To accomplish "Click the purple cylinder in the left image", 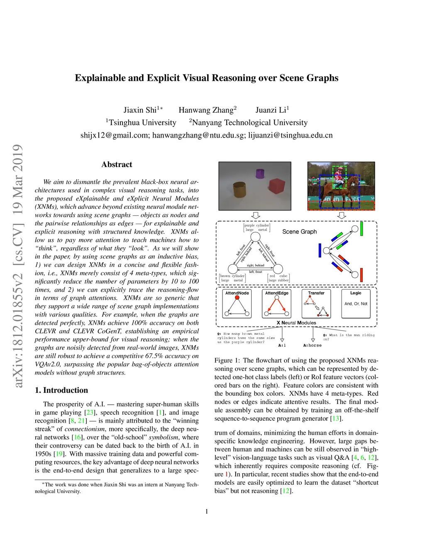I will point(260,173).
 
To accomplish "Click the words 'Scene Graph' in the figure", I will point(299,232).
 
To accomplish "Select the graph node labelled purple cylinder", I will point(256,237).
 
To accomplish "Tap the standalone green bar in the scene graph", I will point(362,229).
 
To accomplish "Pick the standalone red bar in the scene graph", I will point(361,275).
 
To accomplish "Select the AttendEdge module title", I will point(277,293).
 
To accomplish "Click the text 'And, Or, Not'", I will point(356,304).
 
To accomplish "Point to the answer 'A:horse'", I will point(312,345).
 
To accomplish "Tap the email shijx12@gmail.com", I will point(115,135).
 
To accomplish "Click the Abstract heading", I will point(117,164).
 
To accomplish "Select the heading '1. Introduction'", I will point(61,390).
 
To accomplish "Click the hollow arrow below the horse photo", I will point(342,215).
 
